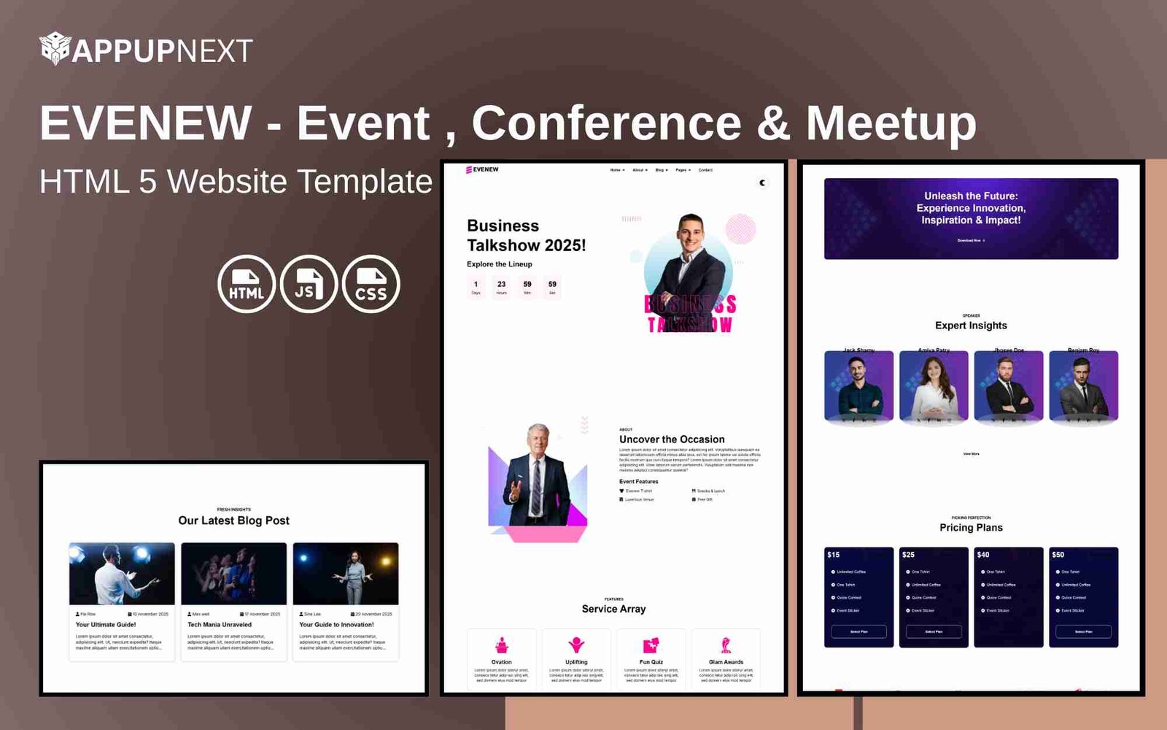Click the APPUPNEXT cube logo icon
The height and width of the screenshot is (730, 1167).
[x=55, y=49]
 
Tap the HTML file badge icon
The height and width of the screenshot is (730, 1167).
[x=247, y=284]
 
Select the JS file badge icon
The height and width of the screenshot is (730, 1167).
[x=309, y=284]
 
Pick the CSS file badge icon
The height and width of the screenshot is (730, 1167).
[x=371, y=284]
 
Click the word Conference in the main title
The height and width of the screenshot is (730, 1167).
[x=606, y=123]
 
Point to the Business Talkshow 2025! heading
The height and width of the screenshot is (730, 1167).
[x=526, y=235]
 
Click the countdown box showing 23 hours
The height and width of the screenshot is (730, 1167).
[x=501, y=287]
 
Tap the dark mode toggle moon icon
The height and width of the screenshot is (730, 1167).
[x=762, y=182]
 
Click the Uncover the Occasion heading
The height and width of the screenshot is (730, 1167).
[x=672, y=439]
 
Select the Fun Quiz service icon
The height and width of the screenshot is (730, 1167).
[x=651, y=645]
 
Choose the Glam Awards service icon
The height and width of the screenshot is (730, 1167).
[x=726, y=645]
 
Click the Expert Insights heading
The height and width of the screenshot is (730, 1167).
[x=971, y=326]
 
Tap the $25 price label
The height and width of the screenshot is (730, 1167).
[x=908, y=555]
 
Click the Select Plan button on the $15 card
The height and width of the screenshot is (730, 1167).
[x=858, y=631]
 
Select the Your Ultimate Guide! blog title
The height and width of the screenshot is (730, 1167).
[x=106, y=625]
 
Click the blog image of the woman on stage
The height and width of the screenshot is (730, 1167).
[x=346, y=574]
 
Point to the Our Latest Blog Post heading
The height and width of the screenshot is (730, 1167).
[x=233, y=520]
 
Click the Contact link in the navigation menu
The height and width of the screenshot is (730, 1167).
[x=705, y=170]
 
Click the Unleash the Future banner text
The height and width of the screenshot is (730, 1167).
[x=971, y=208]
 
